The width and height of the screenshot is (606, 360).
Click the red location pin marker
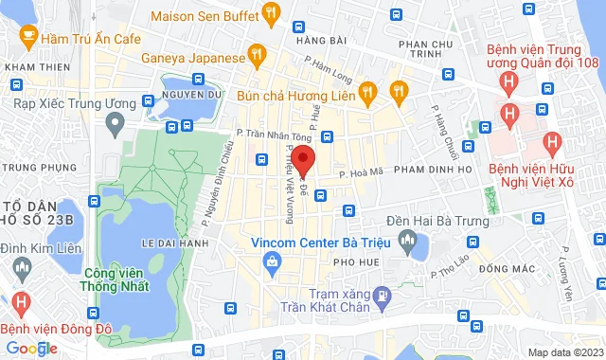coord(302,159)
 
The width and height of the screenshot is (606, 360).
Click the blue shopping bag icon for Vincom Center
coord(273,261)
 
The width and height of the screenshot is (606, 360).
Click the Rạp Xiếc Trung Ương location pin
coord(116,122)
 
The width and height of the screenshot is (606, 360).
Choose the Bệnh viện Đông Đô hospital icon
coord(22,304)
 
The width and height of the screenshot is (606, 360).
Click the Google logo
coord(30,348)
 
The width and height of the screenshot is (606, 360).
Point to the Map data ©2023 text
coord(564,352)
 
